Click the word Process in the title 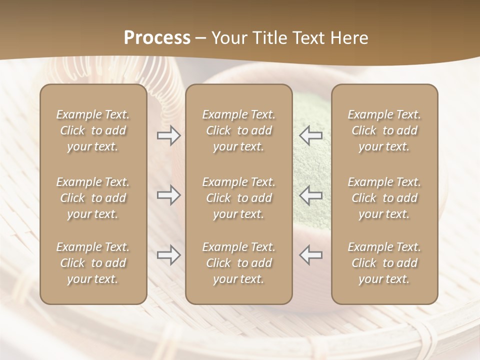tap(157, 38)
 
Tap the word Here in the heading tap(349, 38)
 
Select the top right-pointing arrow tap(168, 135)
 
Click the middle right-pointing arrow tap(168, 195)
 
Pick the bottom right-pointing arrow tap(168, 255)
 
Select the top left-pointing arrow tap(311, 135)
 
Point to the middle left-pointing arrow tap(311, 195)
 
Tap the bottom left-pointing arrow tap(311, 255)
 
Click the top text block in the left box tap(93, 130)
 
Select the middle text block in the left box tap(93, 198)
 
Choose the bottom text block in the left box tap(93, 263)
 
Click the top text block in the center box tap(238, 130)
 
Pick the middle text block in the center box tap(238, 198)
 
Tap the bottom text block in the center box tap(238, 263)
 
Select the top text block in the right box tap(384, 130)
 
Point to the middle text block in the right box tap(384, 198)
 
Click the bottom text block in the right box tap(384, 263)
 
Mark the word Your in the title tap(229, 38)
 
